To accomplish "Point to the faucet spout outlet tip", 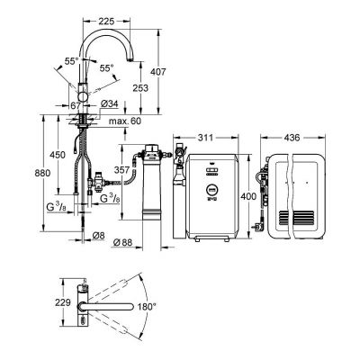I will coord(139,59).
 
